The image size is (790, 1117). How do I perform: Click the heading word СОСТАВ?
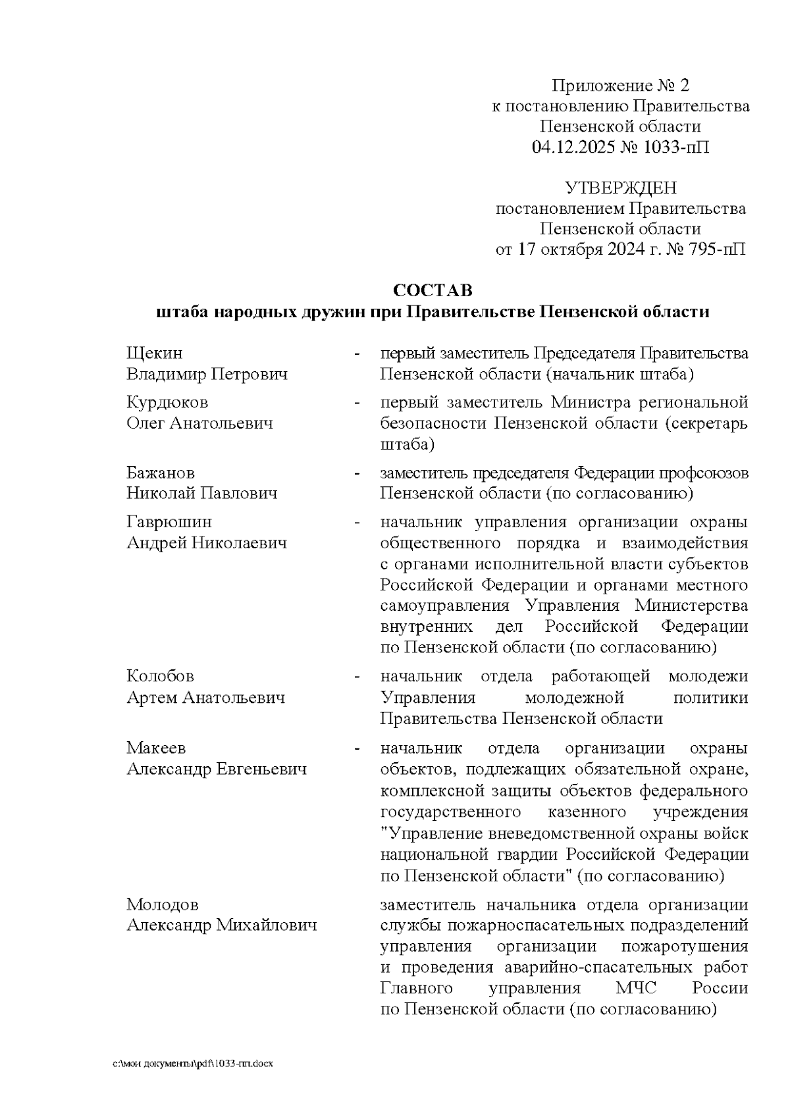433,290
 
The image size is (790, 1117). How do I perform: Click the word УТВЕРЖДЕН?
621,188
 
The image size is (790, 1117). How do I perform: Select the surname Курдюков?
167,402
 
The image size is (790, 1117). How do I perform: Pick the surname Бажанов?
160,473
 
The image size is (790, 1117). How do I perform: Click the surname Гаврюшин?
169,522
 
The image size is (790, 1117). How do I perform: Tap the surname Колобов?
160,676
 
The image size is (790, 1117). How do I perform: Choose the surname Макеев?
156,748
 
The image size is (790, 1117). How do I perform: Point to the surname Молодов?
163,904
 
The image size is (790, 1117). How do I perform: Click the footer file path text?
193,1064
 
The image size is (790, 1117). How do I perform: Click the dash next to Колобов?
357,677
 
